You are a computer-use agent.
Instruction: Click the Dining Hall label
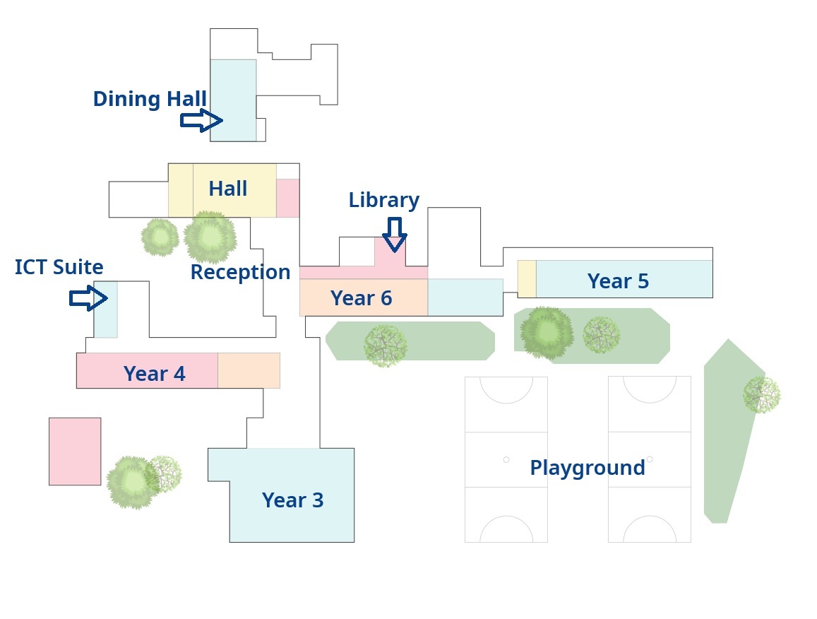click(x=150, y=99)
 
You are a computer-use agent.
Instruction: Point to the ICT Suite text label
click(x=59, y=267)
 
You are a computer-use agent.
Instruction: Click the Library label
click(x=384, y=201)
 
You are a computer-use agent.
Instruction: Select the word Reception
click(x=240, y=272)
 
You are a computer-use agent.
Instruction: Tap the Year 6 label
click(x=361, y=298)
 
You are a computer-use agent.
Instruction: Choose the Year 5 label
click(x=618, y=281)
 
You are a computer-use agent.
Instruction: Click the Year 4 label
click(x=155, y=374)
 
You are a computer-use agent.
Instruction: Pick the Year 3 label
click(x=292, y=500)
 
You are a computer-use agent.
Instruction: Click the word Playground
click(x=588, y=468)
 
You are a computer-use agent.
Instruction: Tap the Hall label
click(x=228, y=189)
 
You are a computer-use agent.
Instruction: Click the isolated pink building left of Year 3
click(x=75, y=452)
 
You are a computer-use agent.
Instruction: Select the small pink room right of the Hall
click(x=287, y=198)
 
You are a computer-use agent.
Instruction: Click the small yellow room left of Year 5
click(x=527, y=279)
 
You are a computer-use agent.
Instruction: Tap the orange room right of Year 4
click(x=249, y=370)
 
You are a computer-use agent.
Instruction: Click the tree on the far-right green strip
click(x=761, y=394)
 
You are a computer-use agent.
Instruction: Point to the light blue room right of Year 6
click(x=465, y=297)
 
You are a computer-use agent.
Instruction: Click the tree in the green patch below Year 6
click(x=385, y=346)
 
